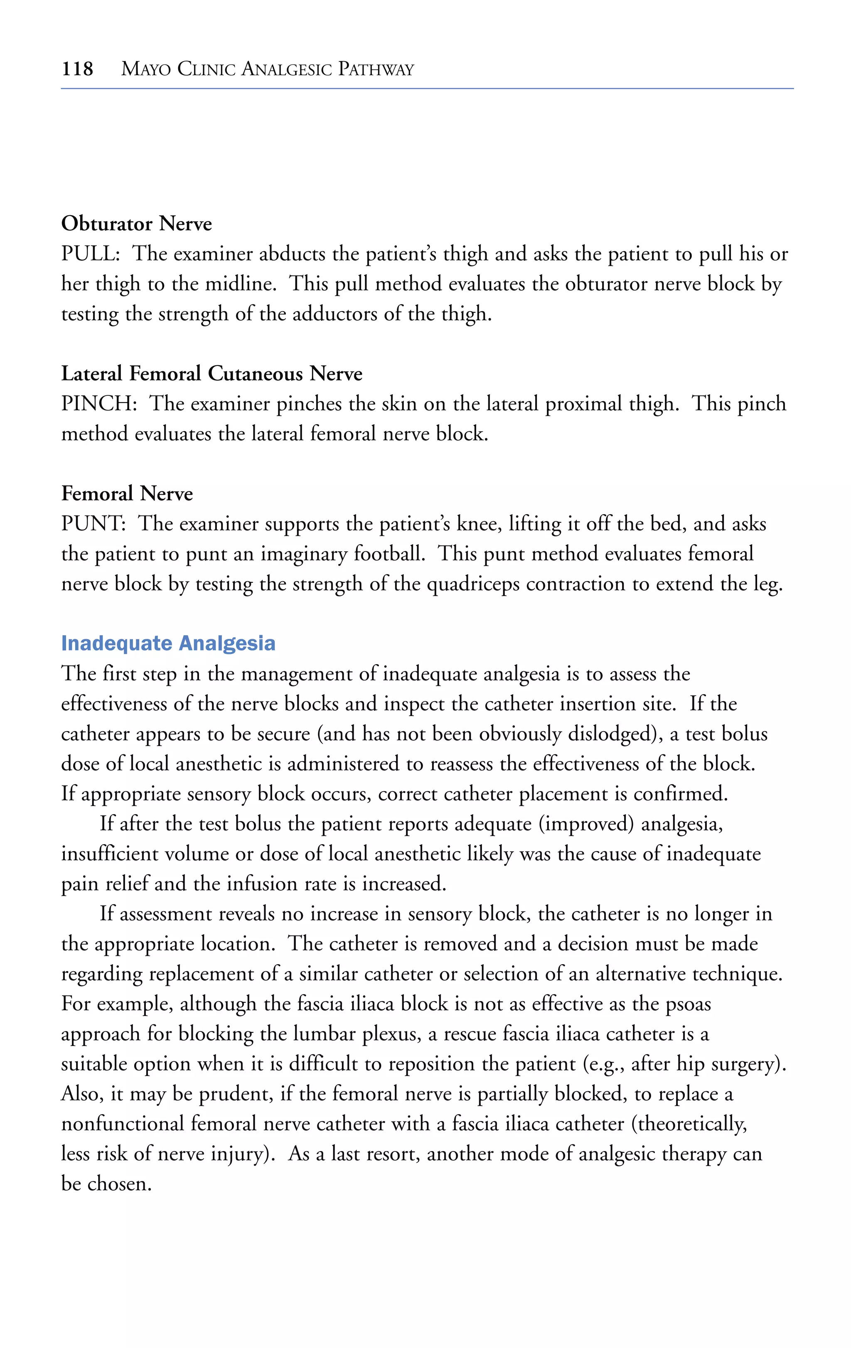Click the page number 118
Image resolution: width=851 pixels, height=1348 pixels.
pos(77,69)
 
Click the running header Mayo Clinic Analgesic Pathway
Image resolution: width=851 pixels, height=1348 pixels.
pos(267,69)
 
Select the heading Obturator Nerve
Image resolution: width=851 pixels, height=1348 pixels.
pos(136,224)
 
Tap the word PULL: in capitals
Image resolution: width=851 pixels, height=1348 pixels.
pos(90,254)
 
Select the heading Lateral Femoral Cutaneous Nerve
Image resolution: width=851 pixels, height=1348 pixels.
pos(211,374)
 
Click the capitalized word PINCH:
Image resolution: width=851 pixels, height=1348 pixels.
pos(98,404)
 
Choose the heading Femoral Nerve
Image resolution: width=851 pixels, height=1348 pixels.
pos(127,494)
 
